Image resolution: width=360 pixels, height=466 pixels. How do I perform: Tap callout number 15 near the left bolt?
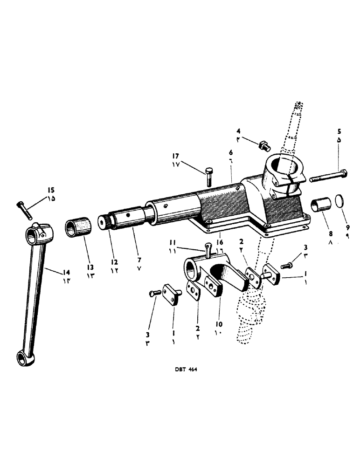click(50, 190)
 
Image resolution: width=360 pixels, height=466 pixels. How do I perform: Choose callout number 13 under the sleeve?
click(90, 267)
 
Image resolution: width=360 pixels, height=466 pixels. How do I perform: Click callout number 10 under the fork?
click(219, 323)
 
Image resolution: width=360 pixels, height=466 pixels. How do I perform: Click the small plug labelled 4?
click(264, 146)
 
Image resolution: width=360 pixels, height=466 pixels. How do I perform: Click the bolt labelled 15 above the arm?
click(24, 210)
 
